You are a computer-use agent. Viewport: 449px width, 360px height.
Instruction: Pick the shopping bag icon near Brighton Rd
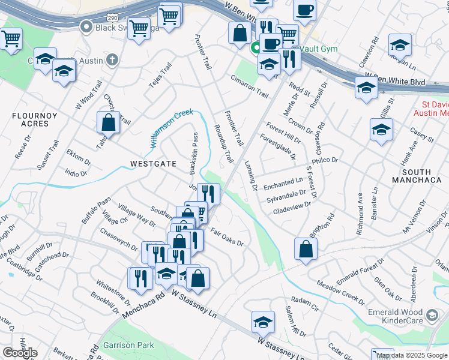pyautogui.click(x=306, y=251)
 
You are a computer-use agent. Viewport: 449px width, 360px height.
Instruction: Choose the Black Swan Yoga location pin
pyautogui.click(x=86, y=26)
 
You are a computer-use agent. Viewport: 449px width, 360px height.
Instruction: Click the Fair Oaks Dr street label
pyautogui.click(x=227, y=238)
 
